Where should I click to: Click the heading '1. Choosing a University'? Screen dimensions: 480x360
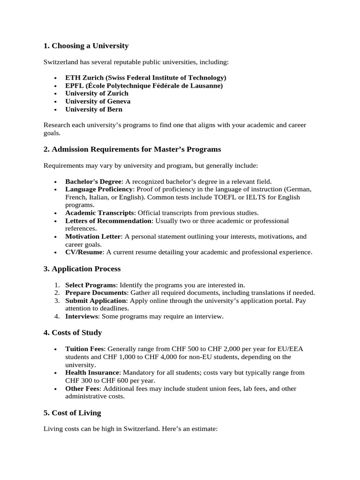click(x=86, y=46)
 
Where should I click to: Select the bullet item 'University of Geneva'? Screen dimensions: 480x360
click(x=97, y=101)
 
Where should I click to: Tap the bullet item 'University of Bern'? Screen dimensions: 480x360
click(x=94, y=109)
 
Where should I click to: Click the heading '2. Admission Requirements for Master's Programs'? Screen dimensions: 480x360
click(x=132, y=150)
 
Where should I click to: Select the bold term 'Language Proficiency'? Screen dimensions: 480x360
click(x=98, y=189)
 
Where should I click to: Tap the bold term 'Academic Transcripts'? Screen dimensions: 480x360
click(x=100, y=213)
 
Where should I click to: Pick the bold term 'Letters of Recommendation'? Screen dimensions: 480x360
click(x=109, y=221)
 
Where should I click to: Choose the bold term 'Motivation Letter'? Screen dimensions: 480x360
click(x=93, y=237)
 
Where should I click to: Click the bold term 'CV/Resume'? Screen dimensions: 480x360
click(x=84, y=252)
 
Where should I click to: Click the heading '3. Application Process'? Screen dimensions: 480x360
click(x=82, y=269)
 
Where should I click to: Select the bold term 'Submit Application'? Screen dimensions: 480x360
click(x=96, y=300)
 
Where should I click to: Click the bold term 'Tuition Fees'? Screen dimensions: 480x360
click(x=84, y=349)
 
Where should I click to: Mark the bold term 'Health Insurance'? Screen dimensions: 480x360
click(x=92, y=373)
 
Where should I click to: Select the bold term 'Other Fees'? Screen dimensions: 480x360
click(x=82, y=389)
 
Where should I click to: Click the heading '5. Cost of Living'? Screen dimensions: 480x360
click(x=72, y=413)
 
